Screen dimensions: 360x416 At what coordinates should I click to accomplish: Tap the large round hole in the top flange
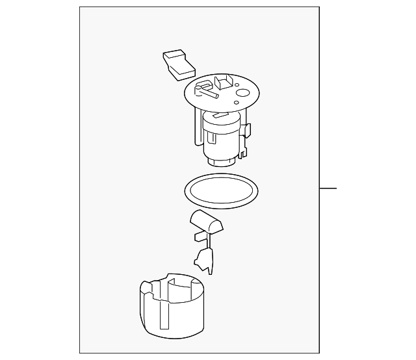tap(242, 94)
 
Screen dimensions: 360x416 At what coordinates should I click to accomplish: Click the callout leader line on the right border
tap(328, 189)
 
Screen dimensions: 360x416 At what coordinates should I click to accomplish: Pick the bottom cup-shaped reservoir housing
tap(172, 305)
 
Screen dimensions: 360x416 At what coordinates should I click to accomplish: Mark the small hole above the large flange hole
tap(244, 83)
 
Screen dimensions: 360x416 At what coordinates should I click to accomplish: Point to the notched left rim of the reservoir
tap(146, 289)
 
